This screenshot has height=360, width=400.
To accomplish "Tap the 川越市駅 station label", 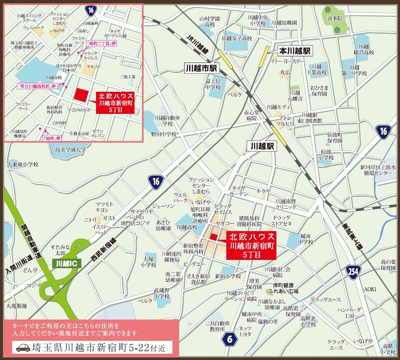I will [x=202, y=68].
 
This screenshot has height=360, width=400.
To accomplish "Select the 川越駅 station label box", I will [x=262, y=146].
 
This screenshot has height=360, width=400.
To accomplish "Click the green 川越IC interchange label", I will [x=64, y=264].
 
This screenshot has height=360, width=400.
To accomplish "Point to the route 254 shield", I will [x=353, y=272].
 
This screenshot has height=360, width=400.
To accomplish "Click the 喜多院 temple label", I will [x=334, y=19].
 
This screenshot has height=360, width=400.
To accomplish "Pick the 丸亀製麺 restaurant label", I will [x=17, y=306].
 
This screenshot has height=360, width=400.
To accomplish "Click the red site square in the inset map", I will [x=81, y=95].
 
